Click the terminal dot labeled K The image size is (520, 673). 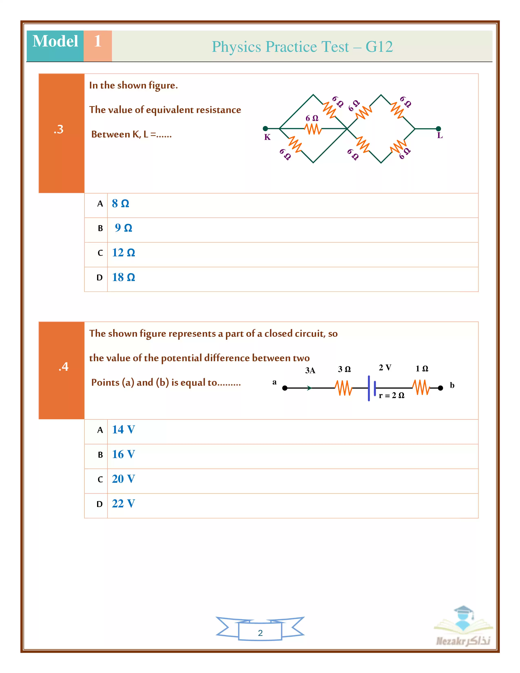click(x=265, y=128)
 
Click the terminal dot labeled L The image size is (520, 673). click(x=438, y=128)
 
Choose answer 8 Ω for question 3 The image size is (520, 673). click(x=121, y=204)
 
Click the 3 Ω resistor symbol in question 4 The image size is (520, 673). click(x=343, y=388)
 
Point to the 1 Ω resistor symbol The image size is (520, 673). click(x=421, y=387)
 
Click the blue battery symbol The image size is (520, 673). click(x=372, y=388)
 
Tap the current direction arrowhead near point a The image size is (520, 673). click(x=309, y=388)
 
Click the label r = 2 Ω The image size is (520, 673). click(x=391, y=395)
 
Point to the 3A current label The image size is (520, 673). click(x=310, y=370)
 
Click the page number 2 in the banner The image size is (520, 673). click(x=260, y=633)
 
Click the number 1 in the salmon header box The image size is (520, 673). click(x=98, y=41)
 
